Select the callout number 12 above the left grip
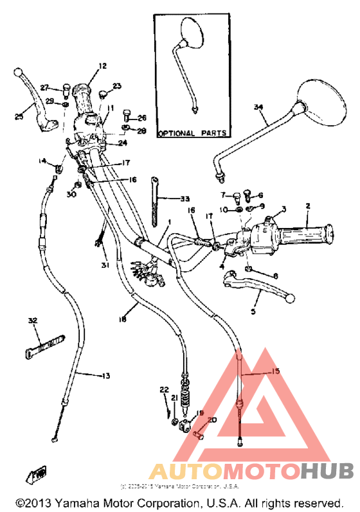(x=102, y=66)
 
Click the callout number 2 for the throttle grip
(x=308, y=206)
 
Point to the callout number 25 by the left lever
(x=19, y=116)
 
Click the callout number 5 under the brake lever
(x=253, y=312)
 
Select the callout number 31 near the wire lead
(x=105, y=266)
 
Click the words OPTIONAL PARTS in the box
(x=192, y=134)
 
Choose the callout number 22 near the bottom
(x=164, y=390)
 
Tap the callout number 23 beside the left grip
(x=117, y=86)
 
